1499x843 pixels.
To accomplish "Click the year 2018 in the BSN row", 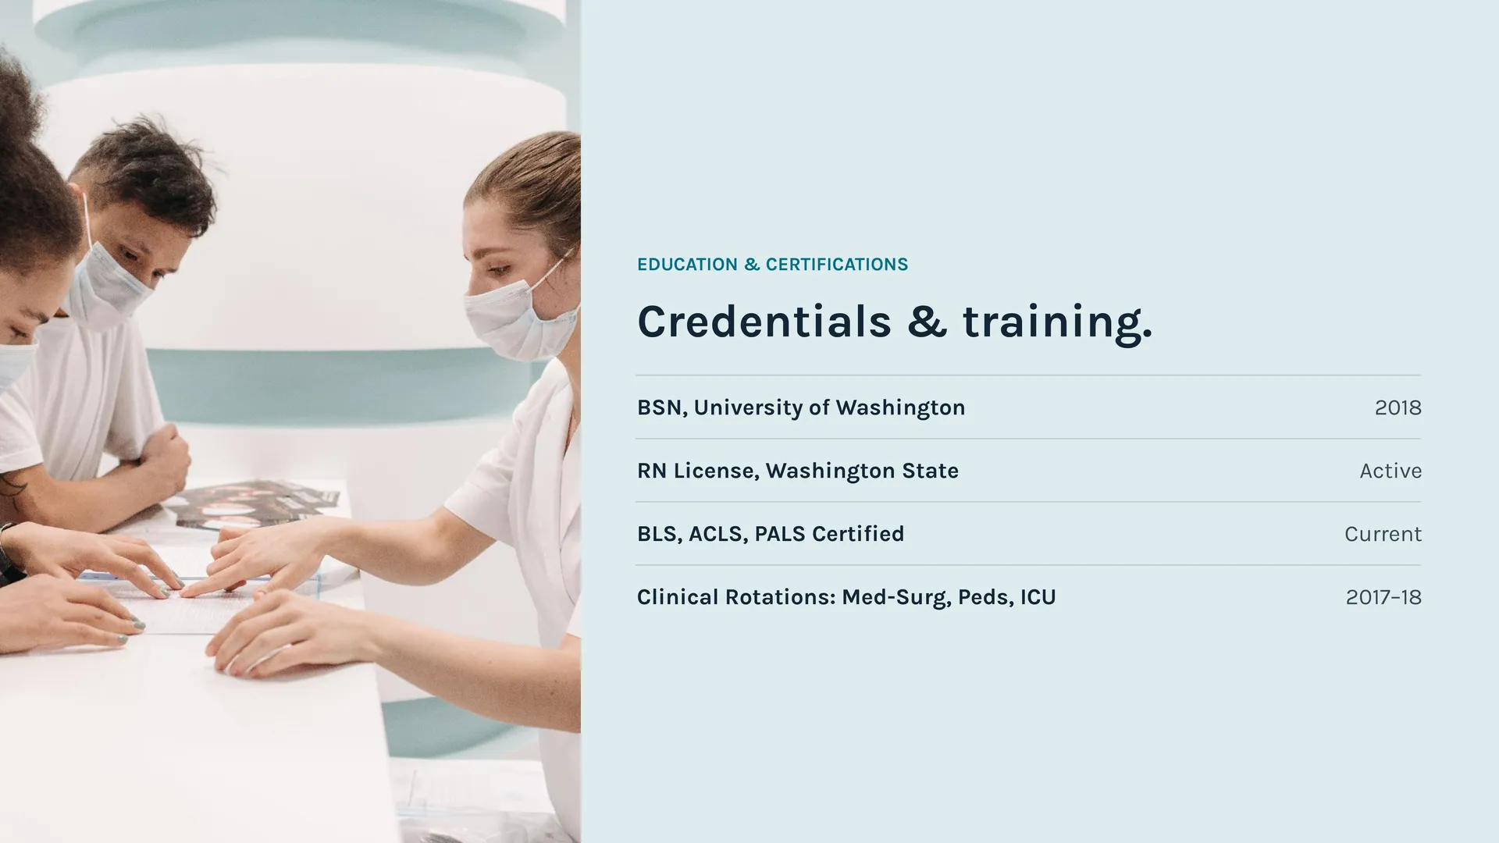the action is (x=1398, y=407).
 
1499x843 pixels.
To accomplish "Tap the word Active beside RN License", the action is (x=1390, y=471).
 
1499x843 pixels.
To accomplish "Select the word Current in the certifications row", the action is (x=1383, y=534).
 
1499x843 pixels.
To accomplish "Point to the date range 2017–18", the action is (x=1383, y=597).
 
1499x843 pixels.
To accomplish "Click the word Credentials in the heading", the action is (x=764, y=322).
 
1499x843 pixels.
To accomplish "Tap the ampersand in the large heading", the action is (x=927, y=322).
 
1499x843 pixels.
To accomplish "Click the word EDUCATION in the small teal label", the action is (x=687, y=265).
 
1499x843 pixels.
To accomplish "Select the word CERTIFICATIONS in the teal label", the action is (x=837, y=265).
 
